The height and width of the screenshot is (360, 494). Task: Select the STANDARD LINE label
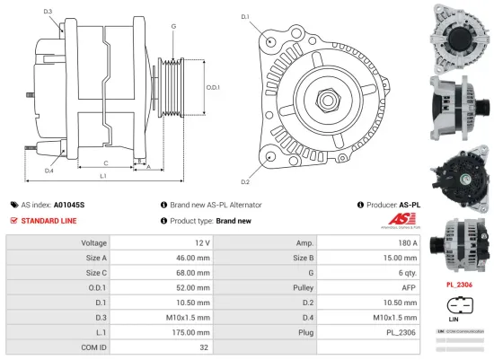49,220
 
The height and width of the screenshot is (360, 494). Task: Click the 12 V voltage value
201,243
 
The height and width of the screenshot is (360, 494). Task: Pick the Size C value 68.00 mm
194,272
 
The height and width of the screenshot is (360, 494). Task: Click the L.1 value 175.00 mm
194,330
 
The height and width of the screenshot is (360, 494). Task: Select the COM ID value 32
205,345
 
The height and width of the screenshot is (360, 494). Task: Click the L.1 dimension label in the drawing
104,176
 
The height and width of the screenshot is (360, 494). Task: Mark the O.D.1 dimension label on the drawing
213,87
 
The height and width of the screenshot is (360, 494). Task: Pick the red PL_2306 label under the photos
459,285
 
